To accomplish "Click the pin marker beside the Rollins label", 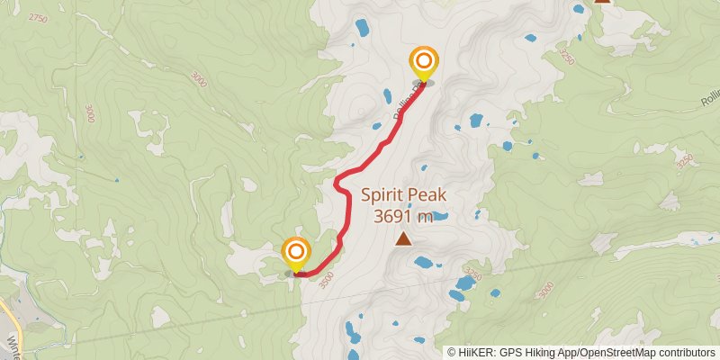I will coord(423,63).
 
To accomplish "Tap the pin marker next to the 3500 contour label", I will coord(295,254).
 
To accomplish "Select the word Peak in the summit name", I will coord(431,195).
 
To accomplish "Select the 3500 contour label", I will coord(328,277).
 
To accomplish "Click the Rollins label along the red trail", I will coord(402,110).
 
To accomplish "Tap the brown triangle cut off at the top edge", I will coord(602,2).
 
